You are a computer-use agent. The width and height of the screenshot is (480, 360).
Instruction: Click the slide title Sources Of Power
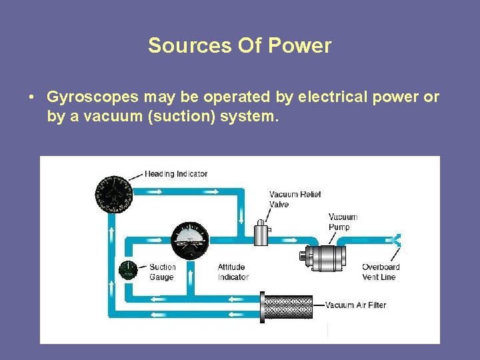239,45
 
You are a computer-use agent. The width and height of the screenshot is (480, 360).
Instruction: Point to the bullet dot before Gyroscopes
31,97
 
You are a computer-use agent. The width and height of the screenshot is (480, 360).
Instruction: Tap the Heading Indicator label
176,174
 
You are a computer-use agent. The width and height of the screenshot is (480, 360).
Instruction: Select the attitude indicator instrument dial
190,241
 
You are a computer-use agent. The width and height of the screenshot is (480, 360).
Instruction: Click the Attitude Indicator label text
233,272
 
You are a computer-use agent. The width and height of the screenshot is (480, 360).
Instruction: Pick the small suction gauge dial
127,270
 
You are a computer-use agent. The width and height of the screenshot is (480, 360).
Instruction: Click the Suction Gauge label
162,272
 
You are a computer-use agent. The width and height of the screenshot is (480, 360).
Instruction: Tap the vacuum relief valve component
261,235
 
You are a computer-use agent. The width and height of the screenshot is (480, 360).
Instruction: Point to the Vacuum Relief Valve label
295,199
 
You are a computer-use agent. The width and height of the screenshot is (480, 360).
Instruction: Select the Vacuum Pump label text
343,222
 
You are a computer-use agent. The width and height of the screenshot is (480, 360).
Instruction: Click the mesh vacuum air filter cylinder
288,306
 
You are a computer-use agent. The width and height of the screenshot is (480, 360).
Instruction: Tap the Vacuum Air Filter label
355,305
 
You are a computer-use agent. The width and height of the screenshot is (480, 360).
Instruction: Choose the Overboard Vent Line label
381,272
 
